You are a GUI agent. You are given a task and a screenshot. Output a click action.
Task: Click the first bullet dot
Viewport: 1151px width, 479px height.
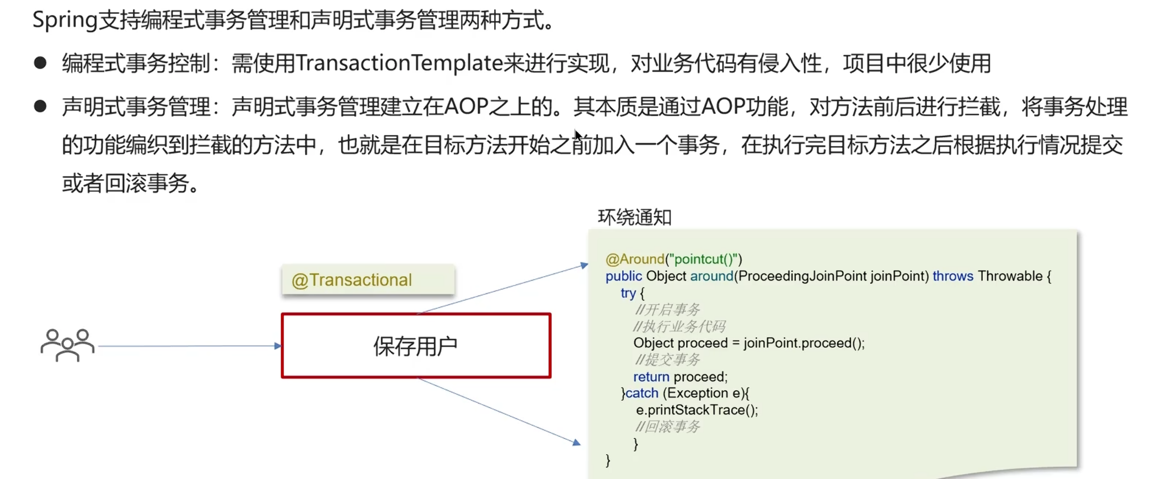[x=40, y=63]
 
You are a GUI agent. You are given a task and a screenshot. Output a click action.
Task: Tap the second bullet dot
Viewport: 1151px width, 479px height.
[x=40, y=106]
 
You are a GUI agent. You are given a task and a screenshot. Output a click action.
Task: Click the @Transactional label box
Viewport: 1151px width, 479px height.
[x=368, y=280]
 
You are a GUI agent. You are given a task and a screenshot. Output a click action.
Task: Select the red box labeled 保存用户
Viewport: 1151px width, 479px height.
[x=416, y=346]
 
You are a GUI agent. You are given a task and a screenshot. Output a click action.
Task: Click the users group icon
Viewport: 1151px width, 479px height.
[x=67, y=345]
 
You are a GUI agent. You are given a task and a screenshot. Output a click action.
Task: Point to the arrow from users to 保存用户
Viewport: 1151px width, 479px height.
[x=188, y=346]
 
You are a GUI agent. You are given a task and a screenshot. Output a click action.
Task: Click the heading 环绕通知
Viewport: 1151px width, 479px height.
[x=634, y=217]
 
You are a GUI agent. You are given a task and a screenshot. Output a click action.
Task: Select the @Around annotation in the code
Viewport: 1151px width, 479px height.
[x=635, y=259]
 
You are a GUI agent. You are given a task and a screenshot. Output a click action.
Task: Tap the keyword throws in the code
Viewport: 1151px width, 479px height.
[x=952, y=276]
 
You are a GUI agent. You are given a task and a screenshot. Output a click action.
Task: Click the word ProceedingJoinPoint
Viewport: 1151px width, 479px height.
[x=802, y=276]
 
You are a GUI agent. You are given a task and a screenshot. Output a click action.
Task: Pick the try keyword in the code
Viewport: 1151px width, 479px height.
[x=628, y=293]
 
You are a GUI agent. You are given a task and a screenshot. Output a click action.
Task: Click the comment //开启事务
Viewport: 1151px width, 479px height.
[x=667, y=310]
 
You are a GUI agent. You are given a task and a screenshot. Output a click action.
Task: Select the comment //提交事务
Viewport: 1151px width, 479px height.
[x=667, y=360]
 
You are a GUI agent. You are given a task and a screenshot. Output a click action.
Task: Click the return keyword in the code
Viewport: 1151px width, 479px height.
[x=651, y=377]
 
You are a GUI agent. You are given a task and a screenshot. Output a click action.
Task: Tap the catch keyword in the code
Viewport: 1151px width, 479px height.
[x=642, y=394]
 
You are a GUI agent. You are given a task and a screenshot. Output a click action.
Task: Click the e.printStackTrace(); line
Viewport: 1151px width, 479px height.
[x=697, y=410]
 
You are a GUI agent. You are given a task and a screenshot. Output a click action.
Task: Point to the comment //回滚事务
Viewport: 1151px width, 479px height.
[x=667, y=427]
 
